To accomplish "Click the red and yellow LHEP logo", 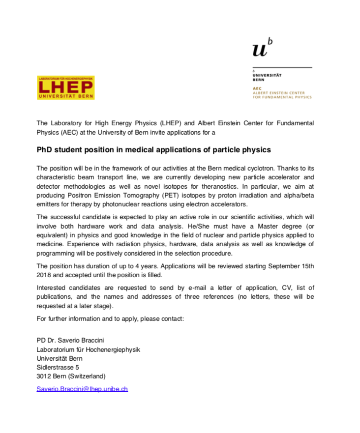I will click(x=65, y=87).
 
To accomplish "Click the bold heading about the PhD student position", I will click(x=154, y=149).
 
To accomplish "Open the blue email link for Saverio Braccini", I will click(x=82, y=388).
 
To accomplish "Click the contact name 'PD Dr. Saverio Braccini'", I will click(x=71, y=340).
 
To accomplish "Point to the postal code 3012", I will click(x=44, y=376).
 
